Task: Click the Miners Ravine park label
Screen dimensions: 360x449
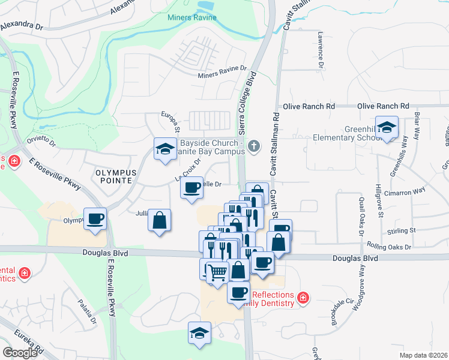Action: pyautogui.click(x=193, y=18)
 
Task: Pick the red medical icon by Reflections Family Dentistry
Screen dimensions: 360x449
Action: pyautogui.click(x=303, y=298)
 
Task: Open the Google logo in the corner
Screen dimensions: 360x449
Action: pyautogui.click(x=20, y=352)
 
